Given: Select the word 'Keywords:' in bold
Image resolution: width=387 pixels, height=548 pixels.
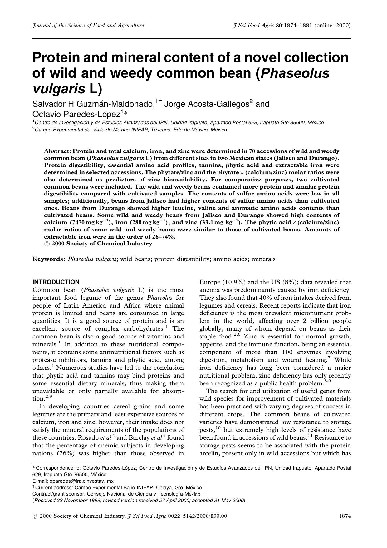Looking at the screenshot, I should tap(49, 259).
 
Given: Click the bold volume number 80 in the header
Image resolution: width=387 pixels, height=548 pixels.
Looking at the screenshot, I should tap(279, 26).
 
